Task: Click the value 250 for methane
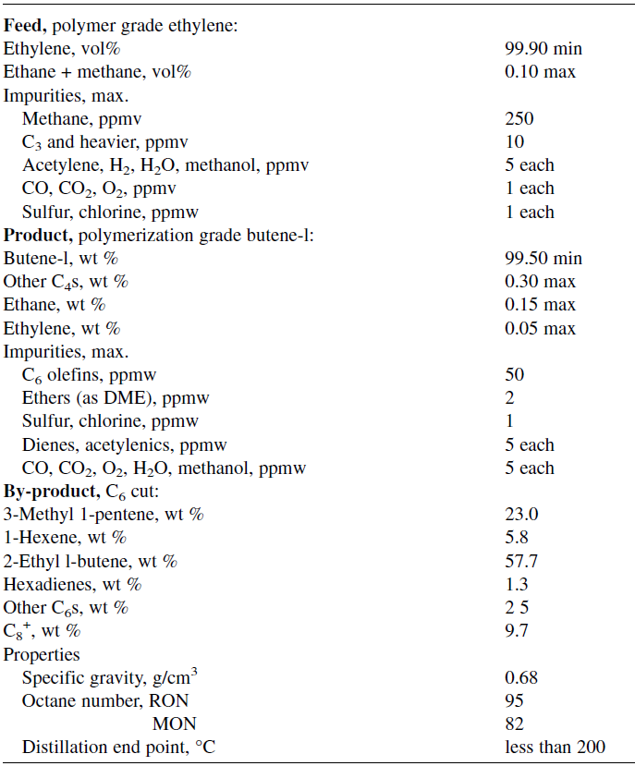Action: (519, 118)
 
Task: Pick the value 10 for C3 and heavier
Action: (515, 141)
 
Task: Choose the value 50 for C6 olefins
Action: (515, 374)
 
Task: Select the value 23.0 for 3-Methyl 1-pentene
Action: (521, 515)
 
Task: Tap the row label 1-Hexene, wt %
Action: (65, 538)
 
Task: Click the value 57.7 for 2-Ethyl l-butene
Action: (521, 561)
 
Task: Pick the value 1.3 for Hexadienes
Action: (517, 584)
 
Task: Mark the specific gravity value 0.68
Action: (521, 678)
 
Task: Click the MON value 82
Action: (515, 724)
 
